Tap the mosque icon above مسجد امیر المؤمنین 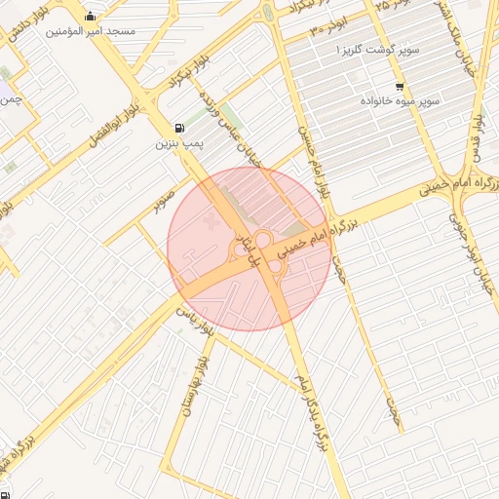[x=91, y=16]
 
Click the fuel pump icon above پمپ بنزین [x=179, y=128]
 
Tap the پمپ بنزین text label [x=178, y=143]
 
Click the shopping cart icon [x=400, y=86]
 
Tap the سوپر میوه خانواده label [x=401, y=100]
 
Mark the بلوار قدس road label [x=478, y=136]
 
